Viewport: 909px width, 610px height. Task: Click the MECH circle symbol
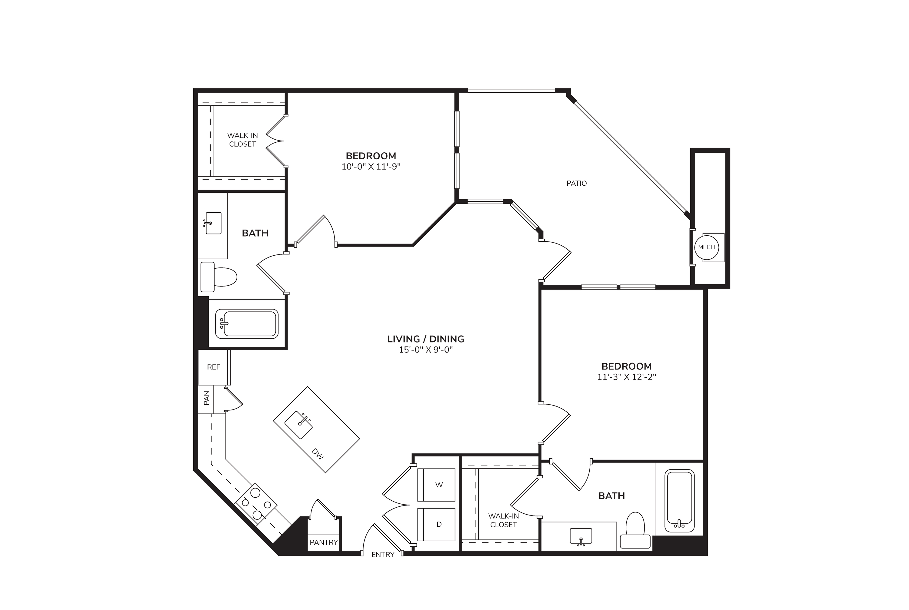click(706, 247)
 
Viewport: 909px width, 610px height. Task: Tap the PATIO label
click(576, 183)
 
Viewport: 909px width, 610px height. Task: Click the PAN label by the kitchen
click(206, 398)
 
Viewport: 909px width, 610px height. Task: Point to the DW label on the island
click(318, 454)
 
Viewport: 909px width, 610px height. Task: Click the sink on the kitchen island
click(299, 425)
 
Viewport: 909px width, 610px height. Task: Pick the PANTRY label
click(324, 542)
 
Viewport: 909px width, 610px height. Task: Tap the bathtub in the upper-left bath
click(247, 324)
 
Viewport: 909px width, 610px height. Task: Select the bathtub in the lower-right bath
click(679, 501)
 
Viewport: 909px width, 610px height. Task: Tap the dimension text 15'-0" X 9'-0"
click(426, 350)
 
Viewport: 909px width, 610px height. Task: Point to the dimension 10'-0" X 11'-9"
click(371, 167)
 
